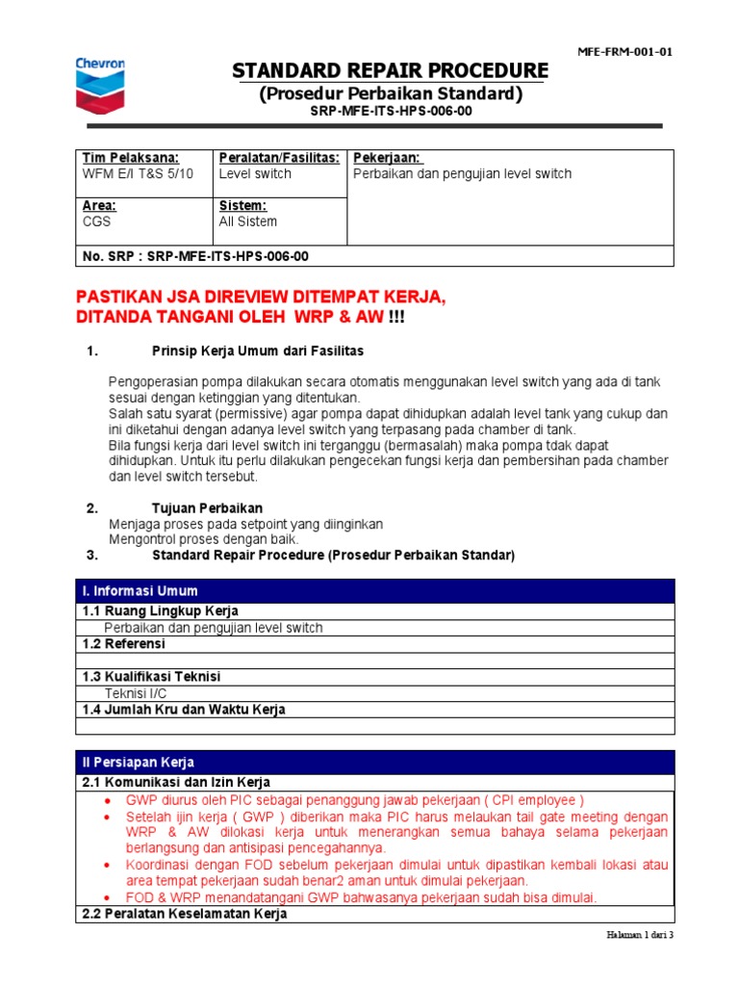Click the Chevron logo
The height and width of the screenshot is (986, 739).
click(x=99, y=84)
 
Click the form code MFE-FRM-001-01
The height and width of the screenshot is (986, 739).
click(x=624, y=52)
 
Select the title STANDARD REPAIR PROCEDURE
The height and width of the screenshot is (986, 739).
click(x=391, y=72)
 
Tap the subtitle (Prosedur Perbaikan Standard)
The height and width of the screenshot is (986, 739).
click(x=391, y=94)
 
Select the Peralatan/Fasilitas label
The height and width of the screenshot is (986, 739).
click(x=279, y=158)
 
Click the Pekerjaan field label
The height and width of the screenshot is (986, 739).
click(x=389, y=158)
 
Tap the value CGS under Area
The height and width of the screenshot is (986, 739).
click(x=97, y=221)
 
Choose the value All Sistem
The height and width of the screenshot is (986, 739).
click(x=247, y=221)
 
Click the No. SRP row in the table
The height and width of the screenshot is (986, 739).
click(x=196, y=256)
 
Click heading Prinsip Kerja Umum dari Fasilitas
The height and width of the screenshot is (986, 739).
click(x=258, y=350)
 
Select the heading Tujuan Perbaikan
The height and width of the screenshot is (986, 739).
click(x=207, y=507)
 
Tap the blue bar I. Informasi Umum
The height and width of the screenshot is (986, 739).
click(x=141, y=591)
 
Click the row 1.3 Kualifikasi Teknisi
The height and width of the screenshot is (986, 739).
click(x=151, y=677)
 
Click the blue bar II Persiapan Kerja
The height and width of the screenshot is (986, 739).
click(x=138, y=763)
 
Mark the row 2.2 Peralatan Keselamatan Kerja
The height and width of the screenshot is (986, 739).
click(x=185, y=914)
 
